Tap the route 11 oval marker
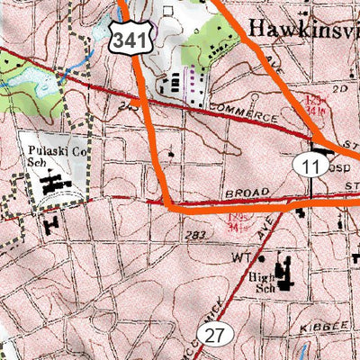tap(309, 165)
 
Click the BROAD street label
tap(242, 193)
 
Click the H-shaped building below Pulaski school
tap(49, 220)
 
